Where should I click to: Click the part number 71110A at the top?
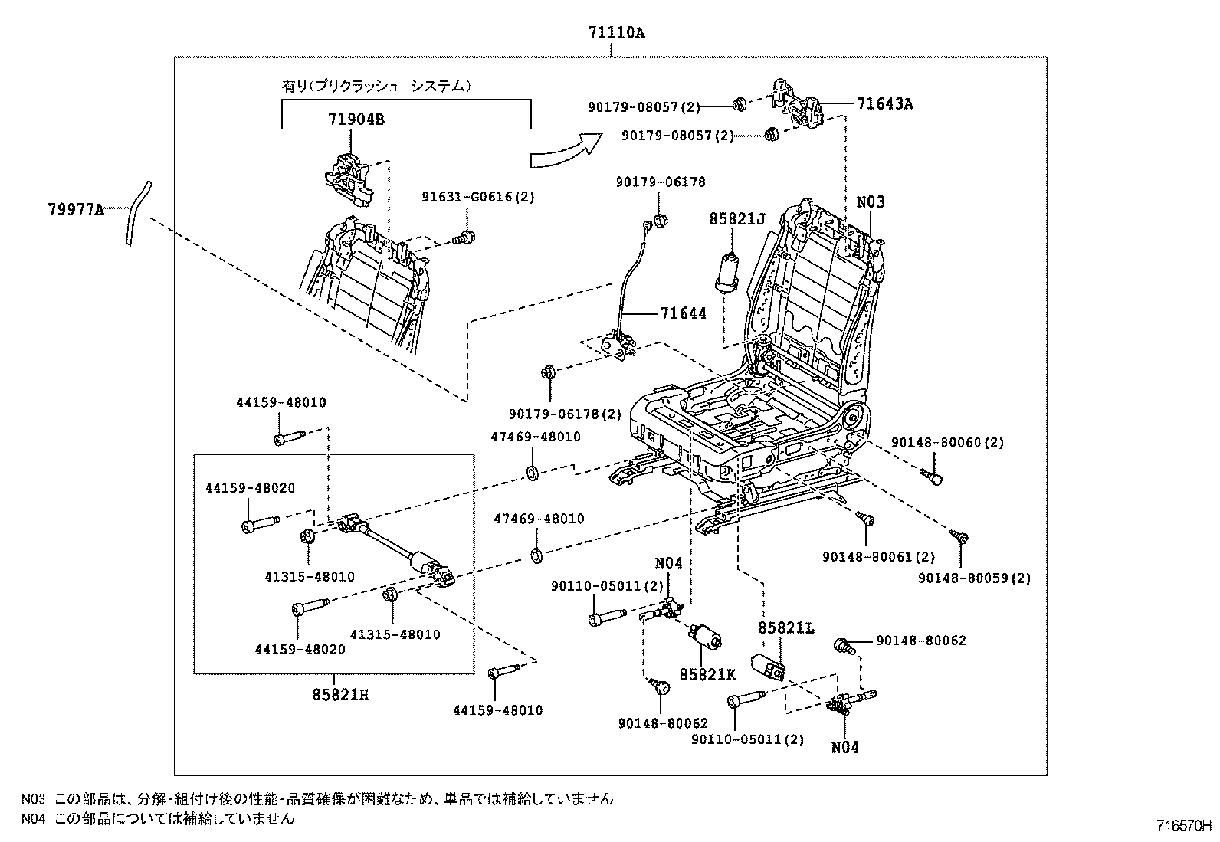pos(616,33)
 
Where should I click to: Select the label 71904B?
pos(356,120)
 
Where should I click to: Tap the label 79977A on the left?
pos(74,208)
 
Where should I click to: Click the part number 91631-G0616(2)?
pos(477,197)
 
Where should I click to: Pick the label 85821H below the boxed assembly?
pos(334,695)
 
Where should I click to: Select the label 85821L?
pos(786,628)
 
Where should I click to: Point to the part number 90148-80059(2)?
pos(974,578)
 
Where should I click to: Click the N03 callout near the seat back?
pos(870,202)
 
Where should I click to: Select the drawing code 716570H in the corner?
pos(1183,827)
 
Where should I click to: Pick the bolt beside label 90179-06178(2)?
pos(548,373)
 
